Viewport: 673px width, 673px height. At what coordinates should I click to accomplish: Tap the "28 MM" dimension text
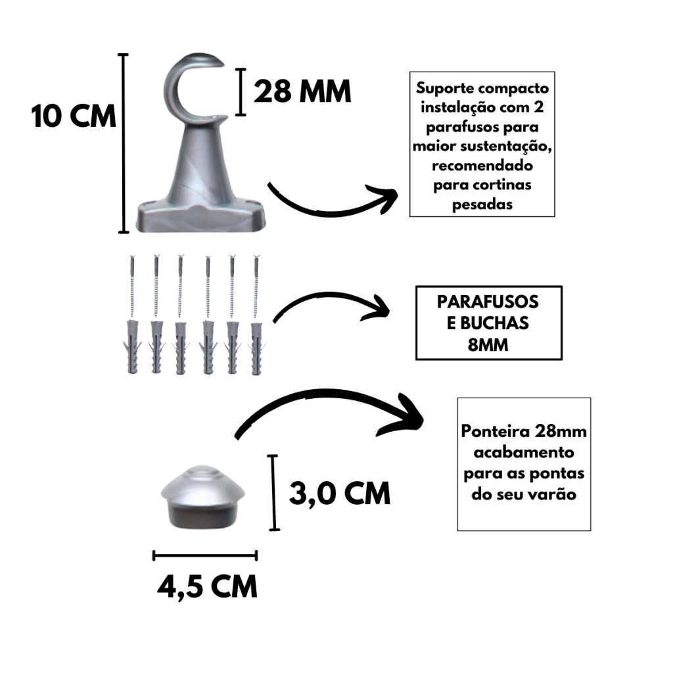coord(302,91)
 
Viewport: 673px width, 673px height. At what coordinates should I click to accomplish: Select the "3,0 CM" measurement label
coord(340,493)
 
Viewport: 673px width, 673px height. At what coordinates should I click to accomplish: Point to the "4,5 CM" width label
coord(207,587)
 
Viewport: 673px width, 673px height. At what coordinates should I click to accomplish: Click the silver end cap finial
coord(202,497)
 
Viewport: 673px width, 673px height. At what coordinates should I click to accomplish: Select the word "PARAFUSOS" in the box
coord(488,302)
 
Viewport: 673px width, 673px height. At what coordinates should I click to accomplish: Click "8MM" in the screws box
coord(488,344)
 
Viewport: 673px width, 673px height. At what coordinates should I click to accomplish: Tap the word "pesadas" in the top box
coord(482,204)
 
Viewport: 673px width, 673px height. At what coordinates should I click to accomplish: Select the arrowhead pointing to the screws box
coord(377,308)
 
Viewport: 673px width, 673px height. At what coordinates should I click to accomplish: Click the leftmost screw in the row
coord(131,287)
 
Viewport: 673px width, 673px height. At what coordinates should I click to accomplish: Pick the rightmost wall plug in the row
coord(256,348)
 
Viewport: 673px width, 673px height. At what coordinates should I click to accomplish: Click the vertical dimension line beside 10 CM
coord(124,143)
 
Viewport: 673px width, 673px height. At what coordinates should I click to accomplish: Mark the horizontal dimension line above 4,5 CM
coord(205,555)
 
